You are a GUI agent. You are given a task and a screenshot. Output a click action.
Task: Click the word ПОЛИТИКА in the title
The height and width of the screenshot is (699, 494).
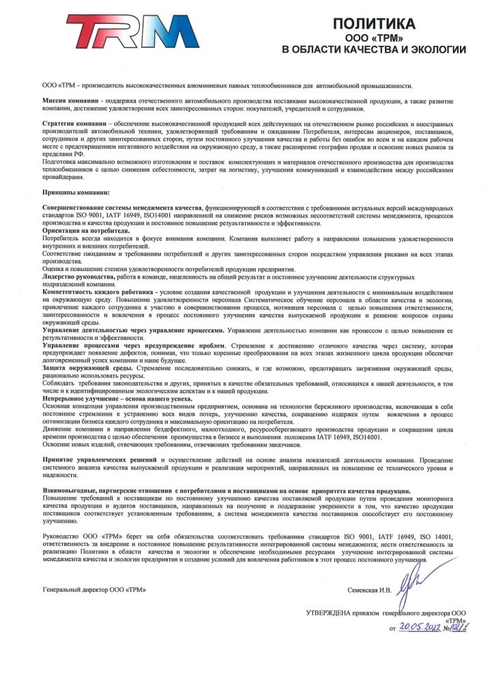click(x=373, y=25)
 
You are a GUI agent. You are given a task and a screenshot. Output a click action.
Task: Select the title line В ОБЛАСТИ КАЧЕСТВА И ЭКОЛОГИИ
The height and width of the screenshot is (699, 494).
click(x=374, y=50)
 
